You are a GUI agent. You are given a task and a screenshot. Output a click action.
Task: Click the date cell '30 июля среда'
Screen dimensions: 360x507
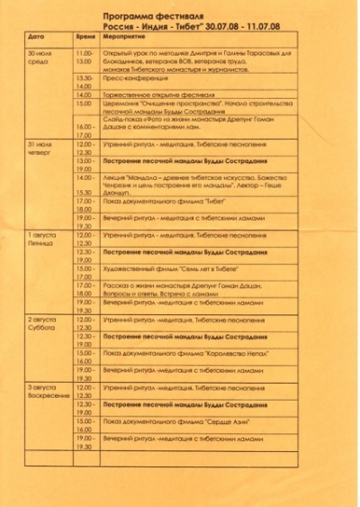(x=40, y=59)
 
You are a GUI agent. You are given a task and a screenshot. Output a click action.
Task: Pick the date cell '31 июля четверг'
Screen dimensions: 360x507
(x=40, y=149)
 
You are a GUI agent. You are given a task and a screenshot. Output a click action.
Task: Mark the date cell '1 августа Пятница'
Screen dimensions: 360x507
(x=41, y=239)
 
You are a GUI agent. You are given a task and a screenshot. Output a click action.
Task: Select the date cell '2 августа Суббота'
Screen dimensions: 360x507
(x=41, y=324)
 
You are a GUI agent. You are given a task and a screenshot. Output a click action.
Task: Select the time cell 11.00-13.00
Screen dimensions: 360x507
(x=84, y=59)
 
